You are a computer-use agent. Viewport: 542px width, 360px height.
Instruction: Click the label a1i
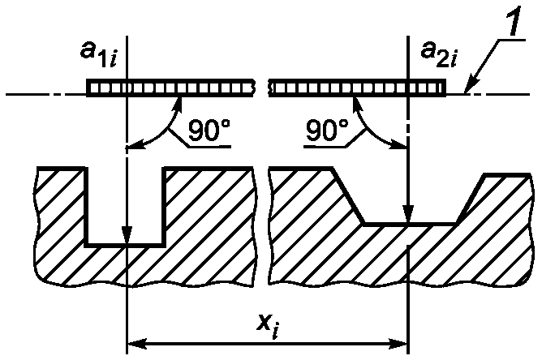click(99, 55)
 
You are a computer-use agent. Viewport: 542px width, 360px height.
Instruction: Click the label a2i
click(439, 55)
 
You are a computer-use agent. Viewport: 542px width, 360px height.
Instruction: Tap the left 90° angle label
click(209, 131)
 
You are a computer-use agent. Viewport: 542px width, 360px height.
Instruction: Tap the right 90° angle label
click(327, 131)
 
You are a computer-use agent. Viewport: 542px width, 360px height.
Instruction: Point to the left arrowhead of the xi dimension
click(137, 344)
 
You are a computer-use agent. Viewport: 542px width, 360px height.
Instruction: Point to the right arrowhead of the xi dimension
click(398, 344)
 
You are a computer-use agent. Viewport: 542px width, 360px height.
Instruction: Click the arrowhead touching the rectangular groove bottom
click(127, 236)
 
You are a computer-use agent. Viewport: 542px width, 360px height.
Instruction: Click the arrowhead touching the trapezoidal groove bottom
click(408, 215)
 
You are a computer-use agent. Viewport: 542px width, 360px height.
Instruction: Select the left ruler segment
click(170, 88)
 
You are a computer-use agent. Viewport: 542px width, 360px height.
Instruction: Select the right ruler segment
click(357, 88)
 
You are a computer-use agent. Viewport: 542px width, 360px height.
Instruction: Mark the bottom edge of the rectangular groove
click(124, 246)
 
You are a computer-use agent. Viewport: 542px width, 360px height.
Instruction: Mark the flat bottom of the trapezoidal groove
click(410, 225)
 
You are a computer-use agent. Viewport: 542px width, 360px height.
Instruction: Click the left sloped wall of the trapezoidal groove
click(347, 196)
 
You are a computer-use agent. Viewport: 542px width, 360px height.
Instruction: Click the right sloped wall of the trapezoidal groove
click(471, 199)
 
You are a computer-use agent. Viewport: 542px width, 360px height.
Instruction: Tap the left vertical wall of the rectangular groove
click(86, 207)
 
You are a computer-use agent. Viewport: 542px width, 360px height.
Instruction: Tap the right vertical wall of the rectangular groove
click(164, 207)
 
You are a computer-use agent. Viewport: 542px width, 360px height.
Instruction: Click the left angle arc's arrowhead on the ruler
click(179, 103)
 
